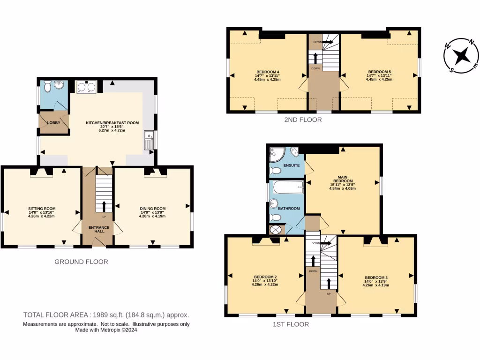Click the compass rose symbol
point(461,56)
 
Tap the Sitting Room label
point(42,209)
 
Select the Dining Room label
point(153,209)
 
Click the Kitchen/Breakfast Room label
point(112,123)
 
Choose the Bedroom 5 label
point(379,72)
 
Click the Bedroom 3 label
point(376,277)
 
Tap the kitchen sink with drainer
point(149,140)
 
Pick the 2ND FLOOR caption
point(303,120)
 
